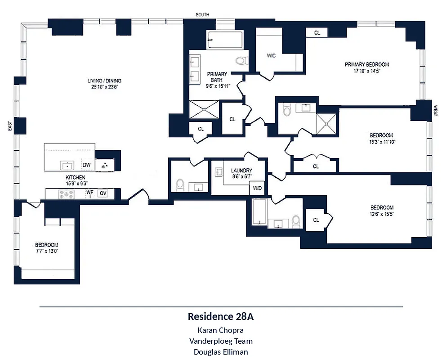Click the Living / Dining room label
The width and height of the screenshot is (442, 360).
pos(104,81)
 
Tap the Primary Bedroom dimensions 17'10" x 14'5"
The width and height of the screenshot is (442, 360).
pos(366,71)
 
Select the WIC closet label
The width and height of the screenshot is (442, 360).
pos(271,56)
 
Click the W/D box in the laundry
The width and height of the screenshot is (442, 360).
pos(257,188)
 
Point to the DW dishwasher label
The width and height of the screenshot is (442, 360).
pos(87,165)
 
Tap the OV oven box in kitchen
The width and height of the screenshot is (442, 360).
pos(103,193)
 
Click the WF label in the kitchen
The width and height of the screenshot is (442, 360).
pos(90,193)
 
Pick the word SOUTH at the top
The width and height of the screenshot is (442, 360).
pos(202,15)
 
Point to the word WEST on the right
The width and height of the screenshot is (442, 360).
pos(435,111)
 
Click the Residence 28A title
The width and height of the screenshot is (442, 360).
pos(220,316)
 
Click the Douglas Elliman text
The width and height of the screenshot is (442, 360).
pos(220,352)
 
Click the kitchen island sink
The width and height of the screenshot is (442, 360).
pos(67,165)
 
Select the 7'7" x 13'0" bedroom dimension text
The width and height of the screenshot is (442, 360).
pos(47,251)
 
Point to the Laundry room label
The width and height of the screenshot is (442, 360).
pos(241,171)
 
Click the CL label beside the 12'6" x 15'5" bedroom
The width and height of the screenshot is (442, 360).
pos(316,220)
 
